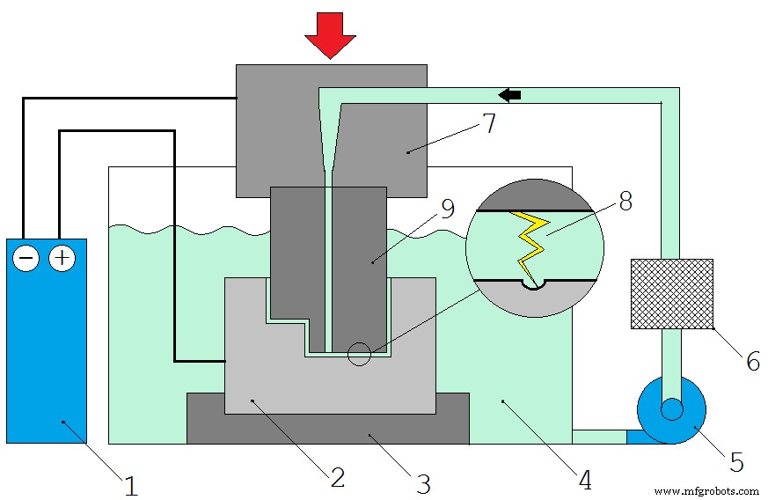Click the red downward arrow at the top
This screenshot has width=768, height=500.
pyautogui.click(x=330, y=33)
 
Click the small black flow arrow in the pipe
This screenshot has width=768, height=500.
pyautogui.click(x=508, y=94)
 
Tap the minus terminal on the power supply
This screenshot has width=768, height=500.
pyautogui.click(x=27, y=259)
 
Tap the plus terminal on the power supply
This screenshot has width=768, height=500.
pyautogui.click(x=62, y=259)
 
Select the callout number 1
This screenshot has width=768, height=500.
pyautogui.click(x=131, y=485)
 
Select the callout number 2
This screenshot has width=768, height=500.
pyautogui.click(x=337, y=477)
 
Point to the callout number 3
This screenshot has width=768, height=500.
pyautogui.click(x=422, y=482)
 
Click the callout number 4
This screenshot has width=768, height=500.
pyautogui.click(x=585, y=480)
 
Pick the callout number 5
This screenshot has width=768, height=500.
pyautogui.click(x=736, y=461)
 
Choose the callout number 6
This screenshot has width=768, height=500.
pyautogui.click(x=752, y=360)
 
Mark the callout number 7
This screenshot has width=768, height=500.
pyautogui.click(x=488, y=122)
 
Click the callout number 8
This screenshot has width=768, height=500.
pyautogui.click(x=625, y=202)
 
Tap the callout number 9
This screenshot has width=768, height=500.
pyautogui.click(x=447, y=210)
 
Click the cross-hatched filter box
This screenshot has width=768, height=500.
pyautogui.click(x=671, y=293)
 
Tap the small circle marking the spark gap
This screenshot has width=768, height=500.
pyautogui.click(x=359, y=354)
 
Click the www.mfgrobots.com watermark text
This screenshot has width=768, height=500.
pyautogui.click(x=706, y=490)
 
